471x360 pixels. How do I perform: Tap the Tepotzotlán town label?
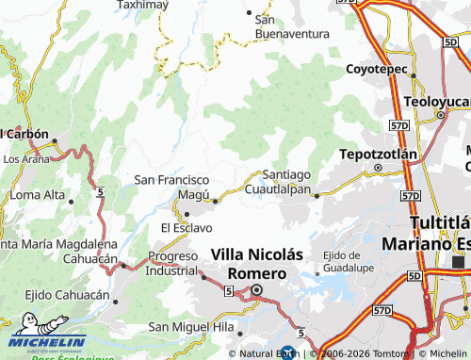coord(377,154)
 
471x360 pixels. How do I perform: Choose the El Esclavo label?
coord(187,227)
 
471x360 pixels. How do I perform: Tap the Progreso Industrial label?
coord(173,262)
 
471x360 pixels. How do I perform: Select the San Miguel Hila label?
coord(191,326)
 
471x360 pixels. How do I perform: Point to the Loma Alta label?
coord(37,195)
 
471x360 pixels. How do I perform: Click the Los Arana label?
coord(25,159)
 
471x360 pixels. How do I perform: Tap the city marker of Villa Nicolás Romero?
coord(255,290)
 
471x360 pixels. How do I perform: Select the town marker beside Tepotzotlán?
coord(377,169)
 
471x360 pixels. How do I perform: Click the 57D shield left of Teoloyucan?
coord(400,124)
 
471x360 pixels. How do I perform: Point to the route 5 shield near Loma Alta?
coord(99,192)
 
